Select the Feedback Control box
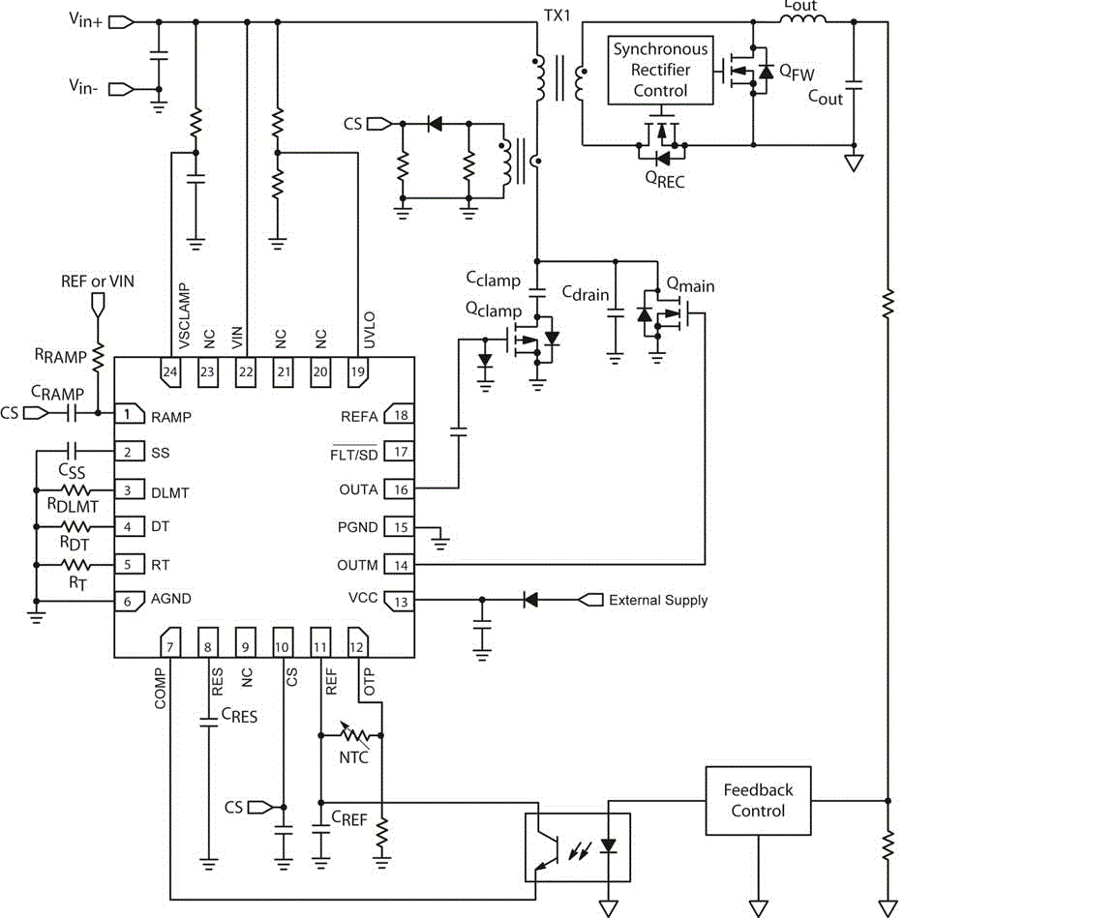click(x=758, y=800)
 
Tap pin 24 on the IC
click(x=170, y=372)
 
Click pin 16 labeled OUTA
click(x=400, y=489)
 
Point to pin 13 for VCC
click(x=400, y=602)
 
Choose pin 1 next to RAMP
click(x=128, y=414)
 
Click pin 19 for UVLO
click(x=358, y=372)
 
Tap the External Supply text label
click(x=657, y=601)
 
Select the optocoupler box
click(x=577, y=847)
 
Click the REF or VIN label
click(x=97, y=281)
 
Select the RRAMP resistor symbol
click(x=97, y=355)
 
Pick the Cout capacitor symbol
click(x=853, y=84)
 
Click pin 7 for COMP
click(x=169, y=642)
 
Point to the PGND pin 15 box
click(x=400, y=527)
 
